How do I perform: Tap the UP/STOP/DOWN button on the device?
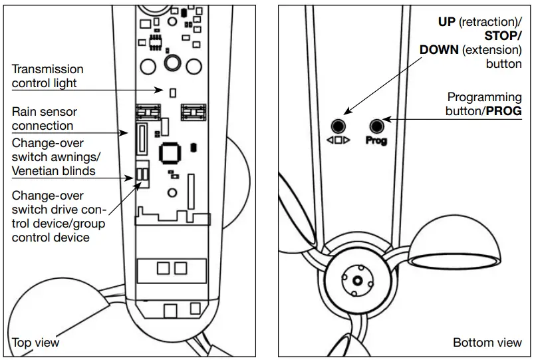click(338, 125)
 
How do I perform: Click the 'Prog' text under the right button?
click(376, 141)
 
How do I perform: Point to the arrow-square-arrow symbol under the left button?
click(338, 141)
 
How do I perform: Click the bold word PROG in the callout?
click(503, 111)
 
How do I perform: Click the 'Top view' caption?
click(36, 343)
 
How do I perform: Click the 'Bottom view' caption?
click(487, 343)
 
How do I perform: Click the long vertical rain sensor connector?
click(141, 138)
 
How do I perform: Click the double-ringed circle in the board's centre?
click(174, 63)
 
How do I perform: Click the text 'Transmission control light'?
click(47, 77)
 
